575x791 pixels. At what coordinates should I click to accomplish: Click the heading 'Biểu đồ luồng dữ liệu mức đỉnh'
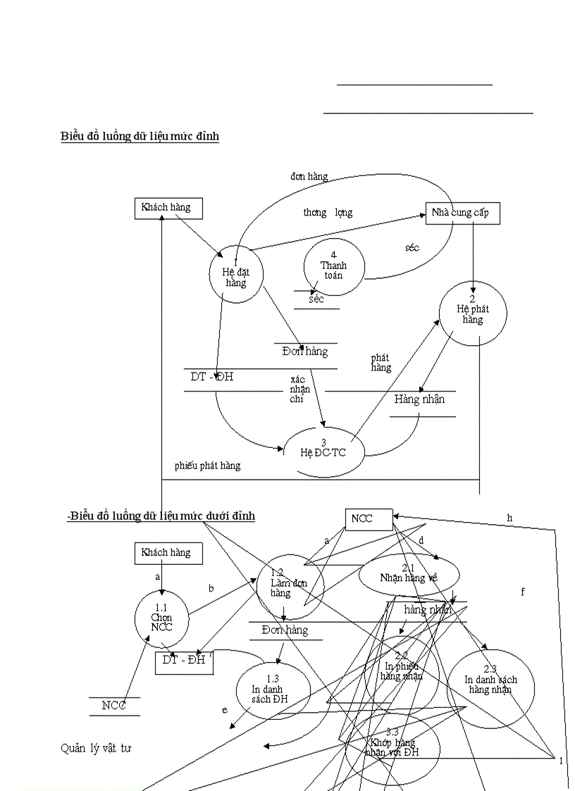[x=140, y=136]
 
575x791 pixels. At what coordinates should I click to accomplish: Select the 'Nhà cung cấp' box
[x=462, y=213]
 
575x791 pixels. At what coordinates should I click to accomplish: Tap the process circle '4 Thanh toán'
[x=334, y=267]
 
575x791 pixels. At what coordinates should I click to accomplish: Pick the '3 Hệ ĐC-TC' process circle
[x=324, y=451]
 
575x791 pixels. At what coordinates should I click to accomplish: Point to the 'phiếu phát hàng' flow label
[x=207, y=466]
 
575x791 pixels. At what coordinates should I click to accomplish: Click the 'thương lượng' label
[x=328, y=213]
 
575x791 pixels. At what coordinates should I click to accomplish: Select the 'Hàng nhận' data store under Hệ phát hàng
[x=420, y=400]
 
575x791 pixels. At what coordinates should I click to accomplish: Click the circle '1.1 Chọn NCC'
[x=161, y=618]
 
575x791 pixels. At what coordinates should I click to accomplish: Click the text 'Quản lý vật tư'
[x=96, y=748]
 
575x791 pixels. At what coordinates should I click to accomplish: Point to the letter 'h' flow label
[x=509, y=518]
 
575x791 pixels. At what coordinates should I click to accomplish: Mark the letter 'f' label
[x=522, y=592]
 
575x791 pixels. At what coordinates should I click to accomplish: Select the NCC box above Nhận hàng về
[x=369, y=519]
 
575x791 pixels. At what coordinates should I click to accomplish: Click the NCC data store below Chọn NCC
[x=114, y=706]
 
